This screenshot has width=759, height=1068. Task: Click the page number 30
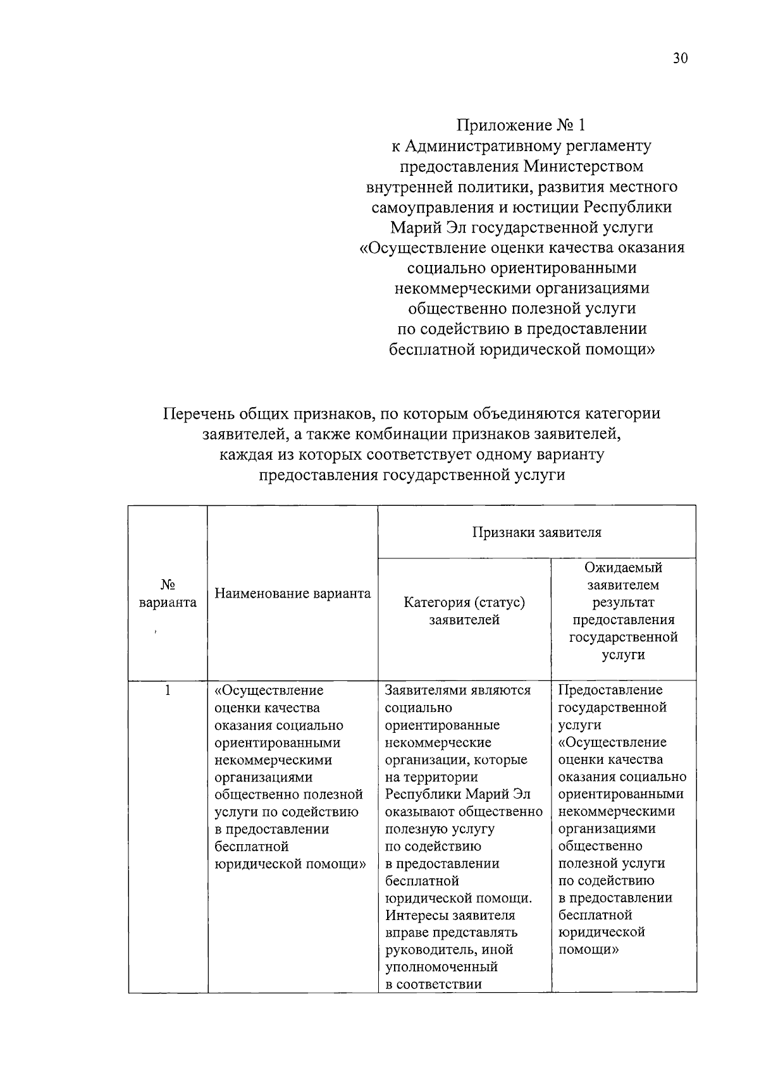(x=680, y=59)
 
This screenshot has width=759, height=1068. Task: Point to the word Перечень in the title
(x=201, y=414)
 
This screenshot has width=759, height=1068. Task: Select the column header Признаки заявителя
(x=536, y=532)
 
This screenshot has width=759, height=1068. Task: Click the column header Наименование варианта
(x=293, y=593)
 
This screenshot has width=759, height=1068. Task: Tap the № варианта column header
(x=168, y=593)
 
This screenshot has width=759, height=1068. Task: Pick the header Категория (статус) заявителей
(x=464, y=611)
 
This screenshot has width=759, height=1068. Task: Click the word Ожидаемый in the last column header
(x=623, y=568)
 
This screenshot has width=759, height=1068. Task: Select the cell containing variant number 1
(x=168, y=690)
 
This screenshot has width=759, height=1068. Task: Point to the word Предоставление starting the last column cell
(x=610, y=690)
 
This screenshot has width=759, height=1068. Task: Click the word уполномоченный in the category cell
(x=441, y=967)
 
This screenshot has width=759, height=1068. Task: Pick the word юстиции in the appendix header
(x=550, y=207)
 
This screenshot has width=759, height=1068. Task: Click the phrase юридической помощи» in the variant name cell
(x=290, y=864)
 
